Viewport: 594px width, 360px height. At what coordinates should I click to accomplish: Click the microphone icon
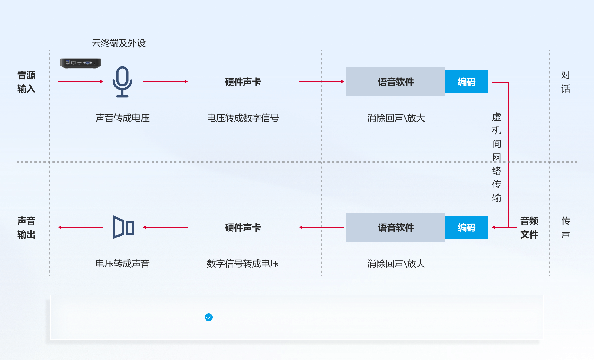[122, 82]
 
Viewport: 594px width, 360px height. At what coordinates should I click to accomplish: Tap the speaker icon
[123, 227]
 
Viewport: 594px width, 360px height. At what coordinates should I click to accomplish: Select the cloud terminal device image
[80, 63]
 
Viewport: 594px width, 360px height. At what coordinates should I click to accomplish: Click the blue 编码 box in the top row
[467, 82]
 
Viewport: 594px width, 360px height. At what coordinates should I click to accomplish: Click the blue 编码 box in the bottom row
[467, 227]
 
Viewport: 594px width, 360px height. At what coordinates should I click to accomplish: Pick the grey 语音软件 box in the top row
[396, 82]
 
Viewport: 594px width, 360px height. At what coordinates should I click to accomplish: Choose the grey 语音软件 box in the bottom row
[396, 227]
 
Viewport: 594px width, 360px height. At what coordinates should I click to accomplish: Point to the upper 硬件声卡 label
[243, 82]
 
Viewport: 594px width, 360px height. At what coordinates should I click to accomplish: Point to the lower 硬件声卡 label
[243, 228]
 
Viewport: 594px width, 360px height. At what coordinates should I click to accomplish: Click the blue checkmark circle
[209, 317]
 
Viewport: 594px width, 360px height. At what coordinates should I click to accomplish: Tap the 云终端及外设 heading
[119, 43]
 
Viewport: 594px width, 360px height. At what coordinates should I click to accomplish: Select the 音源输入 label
[26, 82]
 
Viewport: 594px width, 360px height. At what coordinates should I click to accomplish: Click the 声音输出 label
[26, 228]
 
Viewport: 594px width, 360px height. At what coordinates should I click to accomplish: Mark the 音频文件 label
[529, 228]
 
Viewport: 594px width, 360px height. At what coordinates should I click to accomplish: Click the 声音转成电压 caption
[122, 118]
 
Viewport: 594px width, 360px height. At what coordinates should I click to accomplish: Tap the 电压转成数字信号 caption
[243, 118]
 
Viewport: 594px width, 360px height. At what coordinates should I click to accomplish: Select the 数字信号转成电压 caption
[243, 264]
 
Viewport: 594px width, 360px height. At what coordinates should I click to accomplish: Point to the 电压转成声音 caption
[122, 264]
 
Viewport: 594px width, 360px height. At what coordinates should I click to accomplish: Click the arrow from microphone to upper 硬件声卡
[165, 82]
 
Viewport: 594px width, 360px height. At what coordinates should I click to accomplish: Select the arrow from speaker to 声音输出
[81, 227]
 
